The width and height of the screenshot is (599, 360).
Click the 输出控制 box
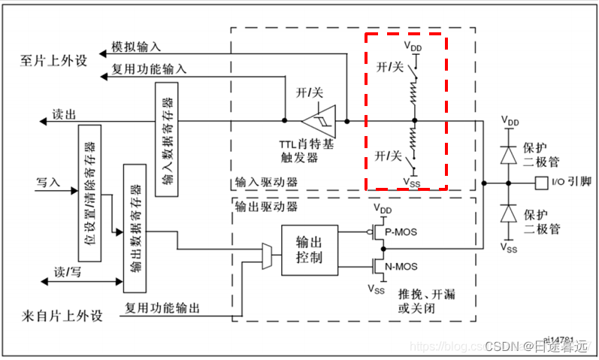pos(310,250)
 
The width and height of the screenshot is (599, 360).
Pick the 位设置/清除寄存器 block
pos(90,189)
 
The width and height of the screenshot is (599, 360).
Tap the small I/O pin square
pos(540,181)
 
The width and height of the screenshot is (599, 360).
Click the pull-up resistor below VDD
pos(414,92)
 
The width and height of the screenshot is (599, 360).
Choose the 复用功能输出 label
pos(163,307)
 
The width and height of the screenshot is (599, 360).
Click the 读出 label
pos(64,115)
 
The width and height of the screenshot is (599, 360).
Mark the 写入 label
pos(48,181)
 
